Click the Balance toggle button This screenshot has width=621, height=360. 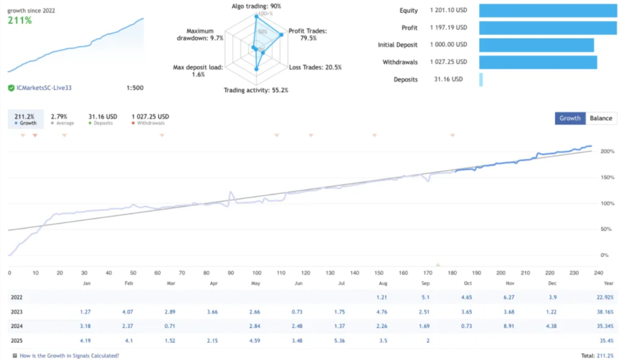pos(600,118)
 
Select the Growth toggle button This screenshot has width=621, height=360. pos(569,118)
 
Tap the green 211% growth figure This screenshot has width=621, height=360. pos(19,21)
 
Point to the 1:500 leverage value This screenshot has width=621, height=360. pos(135,88)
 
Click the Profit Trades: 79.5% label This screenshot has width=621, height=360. pos(307,34)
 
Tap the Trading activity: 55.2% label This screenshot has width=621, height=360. pos(256,90)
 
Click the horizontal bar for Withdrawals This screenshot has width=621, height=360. pos(538,62)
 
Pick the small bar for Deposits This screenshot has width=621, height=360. pos(481,79)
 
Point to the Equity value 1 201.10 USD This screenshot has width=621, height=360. pos(449,10)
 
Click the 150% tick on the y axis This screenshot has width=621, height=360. pos(606,177)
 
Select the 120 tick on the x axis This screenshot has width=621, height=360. pos(306,273)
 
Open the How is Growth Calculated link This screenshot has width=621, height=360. pos(69,356)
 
